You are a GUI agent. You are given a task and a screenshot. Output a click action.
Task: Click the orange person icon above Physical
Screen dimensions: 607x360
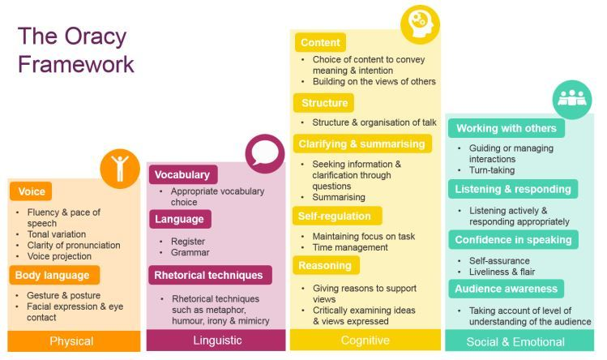[x=120, y=169]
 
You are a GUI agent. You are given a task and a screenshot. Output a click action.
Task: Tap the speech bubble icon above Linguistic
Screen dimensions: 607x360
[x=265, y=154]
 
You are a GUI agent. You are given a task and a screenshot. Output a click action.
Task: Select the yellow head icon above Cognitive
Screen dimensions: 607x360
[x=420, y=24]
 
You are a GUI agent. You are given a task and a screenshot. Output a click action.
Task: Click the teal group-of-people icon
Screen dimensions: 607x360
[x=572, y=100]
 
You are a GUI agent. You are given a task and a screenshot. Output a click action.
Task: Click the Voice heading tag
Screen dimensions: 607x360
[x=31, y=191]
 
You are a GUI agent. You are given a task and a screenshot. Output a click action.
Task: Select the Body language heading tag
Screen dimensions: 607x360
[x=54, y=275]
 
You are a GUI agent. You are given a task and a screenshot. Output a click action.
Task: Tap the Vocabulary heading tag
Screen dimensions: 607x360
[x=183, y=175]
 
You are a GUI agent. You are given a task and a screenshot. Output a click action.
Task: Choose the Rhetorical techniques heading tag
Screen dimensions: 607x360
[x=210, y=275]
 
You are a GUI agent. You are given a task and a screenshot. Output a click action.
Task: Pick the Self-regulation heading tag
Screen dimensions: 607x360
[x=337, y=216]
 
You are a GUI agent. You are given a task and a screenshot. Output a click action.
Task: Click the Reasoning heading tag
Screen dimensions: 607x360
[x=326, y=265]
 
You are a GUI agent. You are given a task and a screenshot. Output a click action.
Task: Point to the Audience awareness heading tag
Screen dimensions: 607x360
[x=506, y=289]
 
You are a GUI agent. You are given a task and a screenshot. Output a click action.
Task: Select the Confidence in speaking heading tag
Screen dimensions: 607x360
[x=513, y=240]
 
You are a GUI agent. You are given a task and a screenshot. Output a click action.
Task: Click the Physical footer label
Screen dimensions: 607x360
[x=71, y=341]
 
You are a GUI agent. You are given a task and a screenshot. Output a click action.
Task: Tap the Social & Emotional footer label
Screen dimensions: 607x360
[x=515, y=342]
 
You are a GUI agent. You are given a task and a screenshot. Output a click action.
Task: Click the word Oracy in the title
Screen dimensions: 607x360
[x=96, y=37]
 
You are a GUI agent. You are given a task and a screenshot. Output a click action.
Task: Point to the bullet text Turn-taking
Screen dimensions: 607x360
[x=492, y=170]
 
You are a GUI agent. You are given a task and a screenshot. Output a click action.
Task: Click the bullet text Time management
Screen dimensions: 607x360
[x=350, y=247]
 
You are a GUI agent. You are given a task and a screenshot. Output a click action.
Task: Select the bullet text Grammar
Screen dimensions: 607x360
[x=190, y=252]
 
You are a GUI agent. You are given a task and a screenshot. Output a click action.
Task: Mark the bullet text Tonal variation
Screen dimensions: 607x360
[x=57, y=234]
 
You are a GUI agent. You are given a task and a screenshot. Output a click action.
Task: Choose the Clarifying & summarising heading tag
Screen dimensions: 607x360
[x=362, y=144]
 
